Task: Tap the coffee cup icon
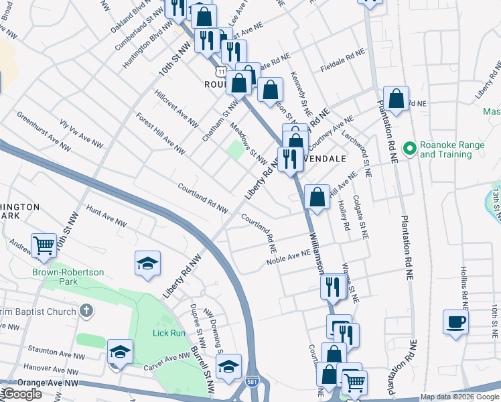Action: [455, 322]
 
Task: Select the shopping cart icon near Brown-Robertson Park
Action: [44, 245]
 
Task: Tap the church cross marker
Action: [86, 310]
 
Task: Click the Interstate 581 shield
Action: [251, 382]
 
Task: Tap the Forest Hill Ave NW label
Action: [160, 133]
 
